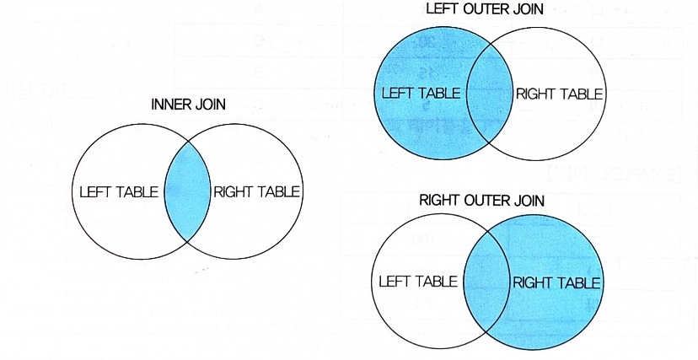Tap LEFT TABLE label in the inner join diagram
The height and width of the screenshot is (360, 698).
tap(118, 191)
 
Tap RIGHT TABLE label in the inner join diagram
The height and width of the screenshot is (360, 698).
tap(257, 191)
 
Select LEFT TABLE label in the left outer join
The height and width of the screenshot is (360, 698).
tap(421, 93)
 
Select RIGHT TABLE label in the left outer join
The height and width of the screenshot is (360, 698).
tap(559, 94)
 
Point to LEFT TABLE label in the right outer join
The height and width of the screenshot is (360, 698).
tap(418, 281)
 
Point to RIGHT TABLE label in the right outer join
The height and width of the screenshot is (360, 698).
tap(556, 282)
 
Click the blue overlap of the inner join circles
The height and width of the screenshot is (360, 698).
tap(187, 191)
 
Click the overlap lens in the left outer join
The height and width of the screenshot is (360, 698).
tap(488, 94)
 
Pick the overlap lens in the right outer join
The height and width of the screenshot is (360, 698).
tap(485, 282)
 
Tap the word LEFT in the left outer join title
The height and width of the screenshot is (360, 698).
tap(442, 9)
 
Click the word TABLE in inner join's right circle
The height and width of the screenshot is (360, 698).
tap(279, 191)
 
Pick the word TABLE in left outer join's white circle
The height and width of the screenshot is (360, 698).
tap(581, 94)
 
